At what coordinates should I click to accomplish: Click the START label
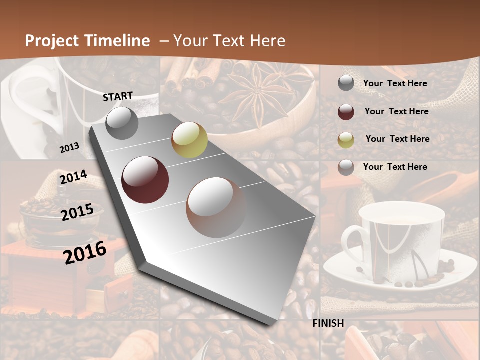118,96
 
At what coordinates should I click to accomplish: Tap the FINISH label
328,323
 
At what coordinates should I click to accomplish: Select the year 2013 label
69,147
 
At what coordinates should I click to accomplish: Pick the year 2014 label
73,177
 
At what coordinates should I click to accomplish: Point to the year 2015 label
77,212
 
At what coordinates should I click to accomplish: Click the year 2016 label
85,252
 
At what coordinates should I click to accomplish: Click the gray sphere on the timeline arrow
122,123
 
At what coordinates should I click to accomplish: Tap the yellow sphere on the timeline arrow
189,140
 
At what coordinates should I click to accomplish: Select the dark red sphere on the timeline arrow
145,180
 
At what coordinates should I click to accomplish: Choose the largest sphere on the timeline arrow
216,207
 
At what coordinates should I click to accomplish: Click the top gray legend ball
346,83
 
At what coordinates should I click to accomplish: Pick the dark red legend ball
346,112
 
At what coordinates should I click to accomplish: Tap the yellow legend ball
346,140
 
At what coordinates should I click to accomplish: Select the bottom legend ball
346,167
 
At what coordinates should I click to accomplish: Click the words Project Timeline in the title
87,41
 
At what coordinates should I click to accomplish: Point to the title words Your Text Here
229,41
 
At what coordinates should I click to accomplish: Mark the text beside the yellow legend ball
397,139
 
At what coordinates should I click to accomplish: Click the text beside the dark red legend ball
396,111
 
